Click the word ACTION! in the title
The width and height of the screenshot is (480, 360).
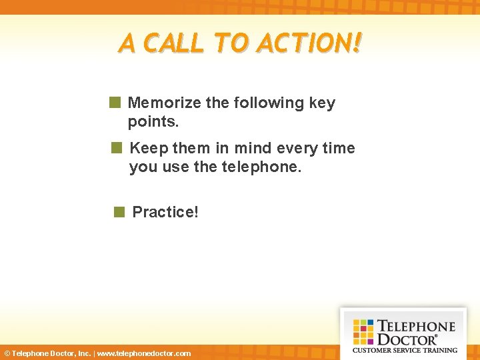[x=309, y=44]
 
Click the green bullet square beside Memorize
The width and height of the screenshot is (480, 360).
[x=115, y=103]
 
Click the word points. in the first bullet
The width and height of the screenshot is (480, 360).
[x=153, y=123]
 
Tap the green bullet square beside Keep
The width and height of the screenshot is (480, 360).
[x=117, y=148]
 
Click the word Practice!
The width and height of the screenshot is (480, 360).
[x=165, y=212]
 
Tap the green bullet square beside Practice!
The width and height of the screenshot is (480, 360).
[x=119, y=212]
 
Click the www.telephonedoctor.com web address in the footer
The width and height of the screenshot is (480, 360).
[x=144, y=353]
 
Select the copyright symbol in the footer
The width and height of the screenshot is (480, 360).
[x=7, y=353]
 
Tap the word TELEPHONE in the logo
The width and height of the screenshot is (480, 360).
[x=416, y=327]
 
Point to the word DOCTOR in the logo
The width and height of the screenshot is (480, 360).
[x=407, y=339]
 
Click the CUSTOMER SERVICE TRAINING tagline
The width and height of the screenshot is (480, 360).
[x=405, y=350]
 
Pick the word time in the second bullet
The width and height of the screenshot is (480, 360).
[x=339, y=148]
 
